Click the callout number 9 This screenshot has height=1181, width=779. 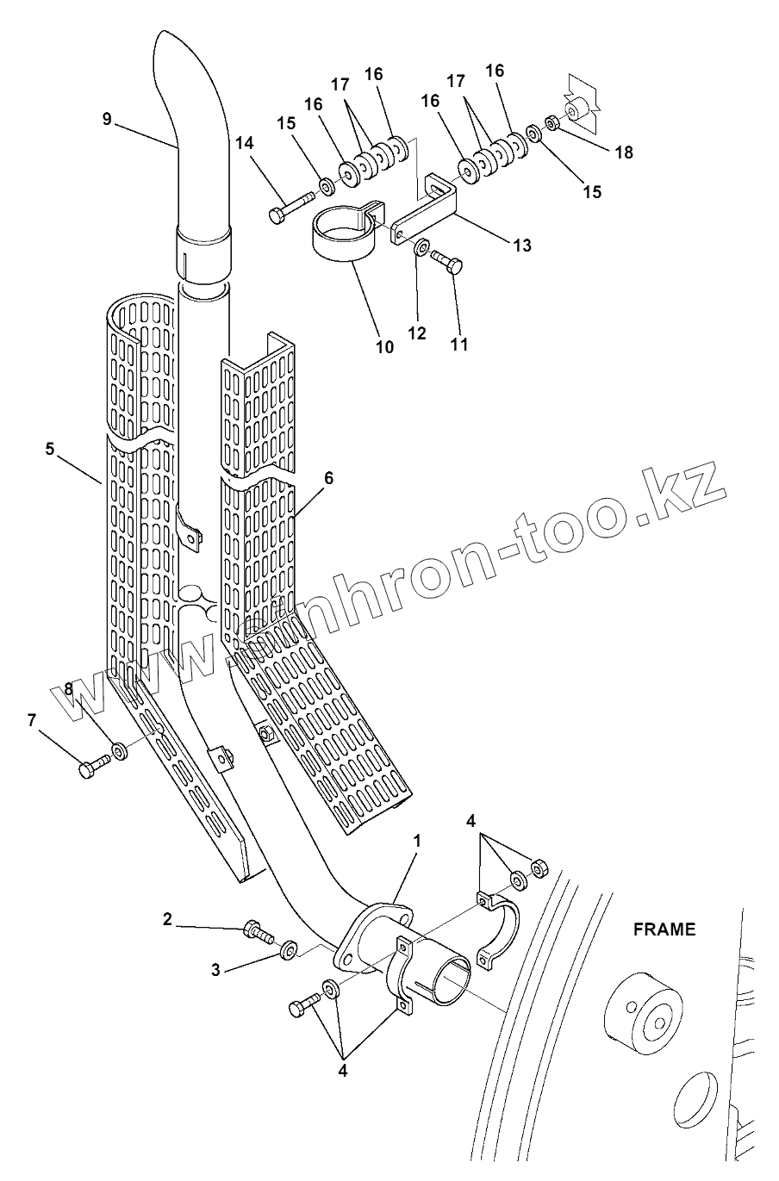pyautogui.click(x=107, y=119)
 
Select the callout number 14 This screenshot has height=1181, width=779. pyautogui.click(x=246, y=144)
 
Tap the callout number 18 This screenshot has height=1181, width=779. pyautogui.click(x=624, y=152)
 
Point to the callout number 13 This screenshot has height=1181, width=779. pyautogui.click(x=521, y=246)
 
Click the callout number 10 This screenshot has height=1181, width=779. pyautogui.click(x=384, y=347)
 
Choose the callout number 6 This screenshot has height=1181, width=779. pyautogui.click(x=328, y=476)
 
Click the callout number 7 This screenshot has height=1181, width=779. pyautogui.click(x=33, y=720)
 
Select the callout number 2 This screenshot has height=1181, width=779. pyautogui.click(x=167, y=919)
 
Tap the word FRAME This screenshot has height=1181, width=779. pyautogui.click(x=664, y=929)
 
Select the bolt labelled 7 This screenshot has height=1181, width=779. pyautogui.click(x=93, y=766)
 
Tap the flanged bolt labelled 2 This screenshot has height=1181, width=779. pyautogui.click(x=257, y=930)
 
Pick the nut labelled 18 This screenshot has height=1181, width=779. pyautogui.click(x=553, y=122)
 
